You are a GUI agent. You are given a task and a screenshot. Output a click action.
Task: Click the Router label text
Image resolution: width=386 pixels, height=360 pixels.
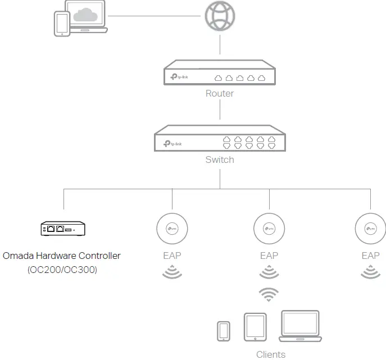tap(220, 93)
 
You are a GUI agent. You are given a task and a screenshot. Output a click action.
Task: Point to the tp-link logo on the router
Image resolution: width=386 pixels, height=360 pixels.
tap(179, 77)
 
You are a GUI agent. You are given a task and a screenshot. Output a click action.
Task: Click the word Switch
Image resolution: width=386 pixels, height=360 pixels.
tap(220, 160)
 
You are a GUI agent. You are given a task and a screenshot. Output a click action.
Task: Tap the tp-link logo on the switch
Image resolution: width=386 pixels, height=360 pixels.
tap(172, 143)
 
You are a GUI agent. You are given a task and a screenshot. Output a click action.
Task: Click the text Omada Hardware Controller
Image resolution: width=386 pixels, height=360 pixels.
tap(62, 256)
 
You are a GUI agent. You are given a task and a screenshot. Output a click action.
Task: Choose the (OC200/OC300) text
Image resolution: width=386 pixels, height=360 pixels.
tap(62, 270)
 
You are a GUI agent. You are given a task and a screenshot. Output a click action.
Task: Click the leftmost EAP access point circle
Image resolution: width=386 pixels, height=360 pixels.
tap(171, 229)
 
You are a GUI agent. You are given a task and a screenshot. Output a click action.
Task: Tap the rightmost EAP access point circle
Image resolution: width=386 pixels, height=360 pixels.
tap(370, 229)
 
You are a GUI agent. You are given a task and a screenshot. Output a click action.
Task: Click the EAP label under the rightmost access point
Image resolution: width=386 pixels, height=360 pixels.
tap(370, 256)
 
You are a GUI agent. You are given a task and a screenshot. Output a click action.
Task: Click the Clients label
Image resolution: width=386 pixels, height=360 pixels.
tap(271, 354)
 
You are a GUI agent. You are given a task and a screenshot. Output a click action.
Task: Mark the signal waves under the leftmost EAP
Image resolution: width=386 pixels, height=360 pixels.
tap(171, 273)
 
